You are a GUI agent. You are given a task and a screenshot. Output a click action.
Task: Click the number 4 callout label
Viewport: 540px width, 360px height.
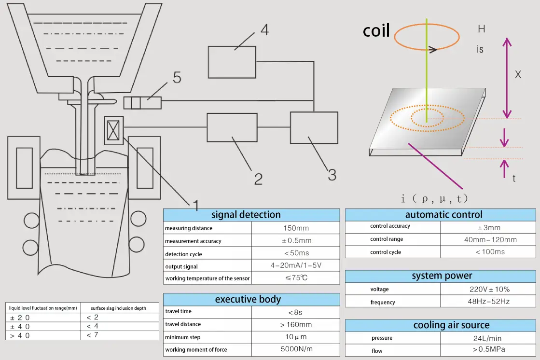point(264,30)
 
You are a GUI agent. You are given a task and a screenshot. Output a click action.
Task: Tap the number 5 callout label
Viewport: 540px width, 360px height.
point(177,78)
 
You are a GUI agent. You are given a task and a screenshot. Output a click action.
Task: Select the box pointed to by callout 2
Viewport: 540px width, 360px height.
point(232,127)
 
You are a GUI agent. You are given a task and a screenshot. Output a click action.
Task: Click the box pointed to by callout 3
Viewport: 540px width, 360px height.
point(314,127)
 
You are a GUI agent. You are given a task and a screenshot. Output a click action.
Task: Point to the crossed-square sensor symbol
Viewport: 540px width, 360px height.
point(113,130)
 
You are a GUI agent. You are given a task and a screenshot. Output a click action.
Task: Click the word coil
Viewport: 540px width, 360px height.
point(376,31)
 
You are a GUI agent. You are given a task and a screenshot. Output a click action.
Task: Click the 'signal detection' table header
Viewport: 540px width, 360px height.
point(246,215)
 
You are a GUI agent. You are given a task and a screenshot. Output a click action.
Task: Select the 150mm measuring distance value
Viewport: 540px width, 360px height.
point(296,228)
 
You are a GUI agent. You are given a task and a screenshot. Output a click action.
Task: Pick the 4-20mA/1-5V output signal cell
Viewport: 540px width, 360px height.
point(296,265)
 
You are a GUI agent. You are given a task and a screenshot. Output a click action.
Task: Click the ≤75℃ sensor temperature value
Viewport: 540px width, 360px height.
point(296,277)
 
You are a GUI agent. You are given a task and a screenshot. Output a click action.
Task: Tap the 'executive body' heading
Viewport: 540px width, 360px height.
point(248,299)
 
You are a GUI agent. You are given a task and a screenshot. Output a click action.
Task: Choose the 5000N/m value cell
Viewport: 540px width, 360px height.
point(296,349)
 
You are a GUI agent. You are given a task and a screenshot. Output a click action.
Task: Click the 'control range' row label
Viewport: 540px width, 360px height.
point(387,239)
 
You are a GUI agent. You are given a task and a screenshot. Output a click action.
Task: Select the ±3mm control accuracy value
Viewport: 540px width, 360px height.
point(489,228)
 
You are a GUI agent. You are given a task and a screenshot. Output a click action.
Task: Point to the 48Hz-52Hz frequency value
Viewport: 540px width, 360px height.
point(489,301)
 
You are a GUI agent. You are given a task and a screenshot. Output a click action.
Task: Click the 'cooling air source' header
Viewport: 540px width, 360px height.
point(452,325)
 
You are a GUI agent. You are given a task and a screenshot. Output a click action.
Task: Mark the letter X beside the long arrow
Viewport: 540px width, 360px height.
point(518,74)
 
